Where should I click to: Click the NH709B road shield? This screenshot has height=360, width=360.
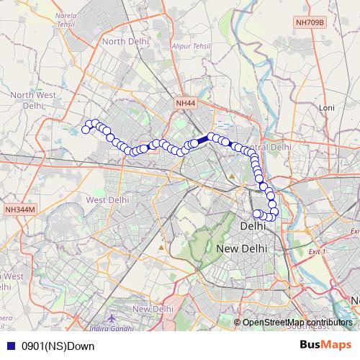[x=310, y=43]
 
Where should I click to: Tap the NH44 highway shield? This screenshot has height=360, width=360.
[x=185, y=104]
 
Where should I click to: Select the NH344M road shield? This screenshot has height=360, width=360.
[x=19, y=209]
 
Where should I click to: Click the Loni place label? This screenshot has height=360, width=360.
[x=328, y=107]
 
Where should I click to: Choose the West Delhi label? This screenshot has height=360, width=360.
[x=107, y=199]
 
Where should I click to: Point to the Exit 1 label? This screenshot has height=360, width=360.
[x=317, y=252]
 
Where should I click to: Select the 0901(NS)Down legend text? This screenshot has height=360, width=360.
[x=58, y=346]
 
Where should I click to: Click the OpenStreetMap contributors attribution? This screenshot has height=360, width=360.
[x=297, y=322]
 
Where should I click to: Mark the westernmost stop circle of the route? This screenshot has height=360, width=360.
[x=86, y=130]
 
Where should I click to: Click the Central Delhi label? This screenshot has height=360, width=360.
[x=274, y=147]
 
